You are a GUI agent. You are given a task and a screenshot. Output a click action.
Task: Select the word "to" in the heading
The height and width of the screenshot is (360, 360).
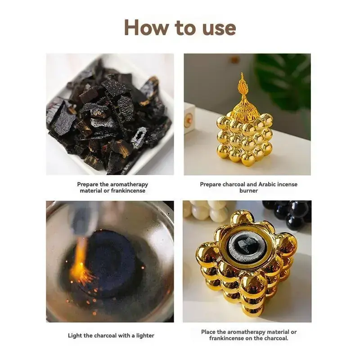pos(184,28)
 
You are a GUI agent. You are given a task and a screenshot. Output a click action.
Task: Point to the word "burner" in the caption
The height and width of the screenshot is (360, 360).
pos(248,191)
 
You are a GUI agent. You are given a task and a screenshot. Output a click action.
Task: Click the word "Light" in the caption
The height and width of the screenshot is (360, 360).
pos(76,335)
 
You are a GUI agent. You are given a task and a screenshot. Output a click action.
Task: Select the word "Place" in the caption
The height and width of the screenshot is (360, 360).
pos(208,332)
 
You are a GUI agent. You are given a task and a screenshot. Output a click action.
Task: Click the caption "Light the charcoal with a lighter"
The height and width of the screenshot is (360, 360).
pos(111,335)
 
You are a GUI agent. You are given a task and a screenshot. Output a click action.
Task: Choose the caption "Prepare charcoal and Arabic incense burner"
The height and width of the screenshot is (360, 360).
pos(248,187)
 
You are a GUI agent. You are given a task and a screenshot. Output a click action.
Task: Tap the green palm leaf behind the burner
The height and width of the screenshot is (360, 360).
pos(283,76)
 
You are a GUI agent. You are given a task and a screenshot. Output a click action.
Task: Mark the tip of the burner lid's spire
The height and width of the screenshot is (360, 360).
pos(241,75)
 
